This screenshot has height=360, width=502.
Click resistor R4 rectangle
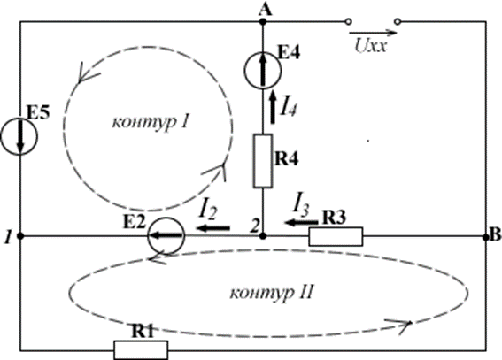click(x=263, y=160)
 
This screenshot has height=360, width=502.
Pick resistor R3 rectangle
click(x=336, y=236)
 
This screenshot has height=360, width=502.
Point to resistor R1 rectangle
click(x=141, y=350)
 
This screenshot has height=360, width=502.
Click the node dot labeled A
click(x=263, y=22)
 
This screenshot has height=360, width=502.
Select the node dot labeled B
click(x=486, y=236)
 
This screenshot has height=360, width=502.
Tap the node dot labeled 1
click(x=20, y=236)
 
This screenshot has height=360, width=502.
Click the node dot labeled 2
click(x=263, y=236)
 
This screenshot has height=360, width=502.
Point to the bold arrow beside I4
click(x=273, y=107)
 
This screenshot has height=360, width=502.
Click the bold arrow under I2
click(x=213, y=228)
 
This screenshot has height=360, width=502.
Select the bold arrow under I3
click(x=301, y=222)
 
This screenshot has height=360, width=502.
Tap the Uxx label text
click(x=371, y=46)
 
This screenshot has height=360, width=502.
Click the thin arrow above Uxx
click(x=373, y=33)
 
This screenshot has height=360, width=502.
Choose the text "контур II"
click(x=271, y=293)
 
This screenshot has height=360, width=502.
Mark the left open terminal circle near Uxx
click(x=349, y=22)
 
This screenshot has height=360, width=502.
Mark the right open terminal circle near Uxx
click(x=398, y=22)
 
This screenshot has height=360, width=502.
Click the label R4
click(x=287, y=159)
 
